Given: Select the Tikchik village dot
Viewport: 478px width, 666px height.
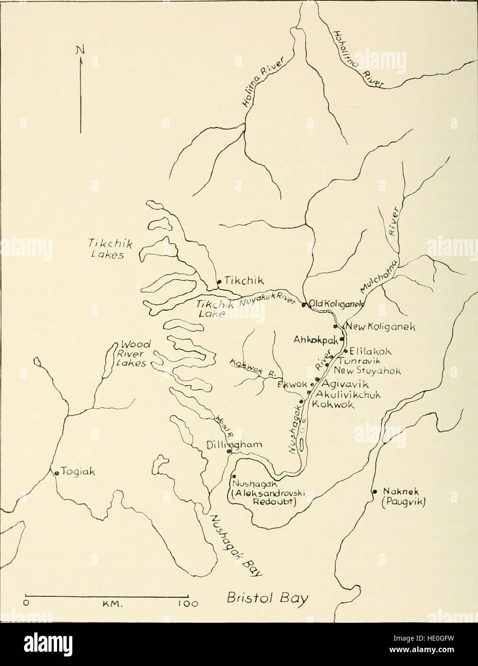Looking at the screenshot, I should point(218,282).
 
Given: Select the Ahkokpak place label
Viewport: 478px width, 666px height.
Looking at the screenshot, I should point(316,339).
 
